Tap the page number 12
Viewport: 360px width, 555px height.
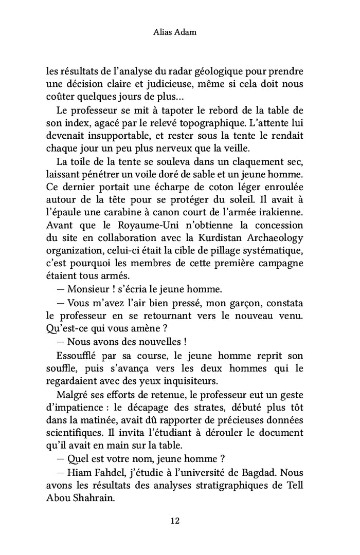[x=175, y=521]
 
